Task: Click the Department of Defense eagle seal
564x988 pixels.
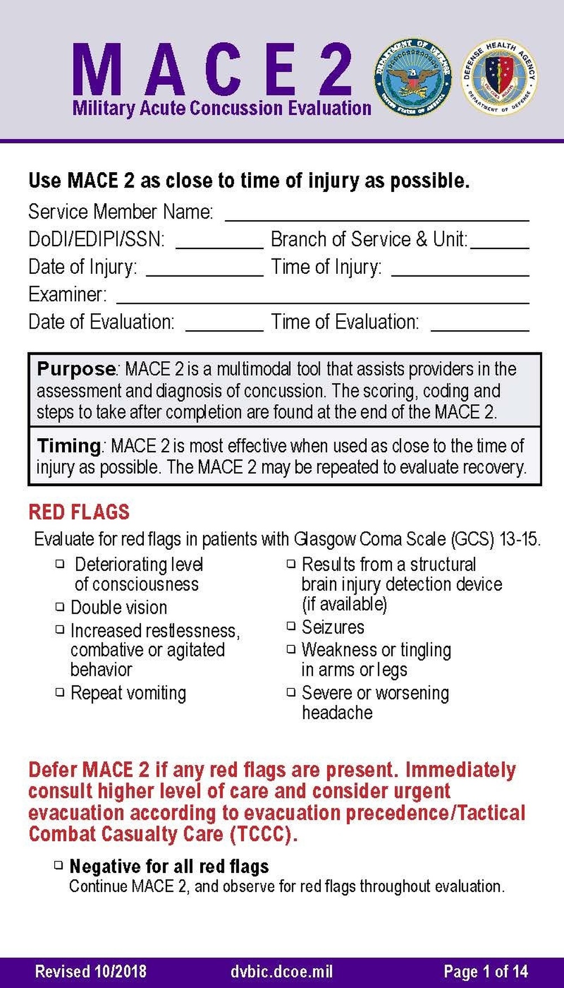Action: point(412,78)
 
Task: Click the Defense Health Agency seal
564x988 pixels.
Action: point(499,78)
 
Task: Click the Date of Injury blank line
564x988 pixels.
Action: point(204,275)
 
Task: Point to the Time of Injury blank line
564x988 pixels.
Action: point(460,275)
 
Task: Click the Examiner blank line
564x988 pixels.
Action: point(323,303)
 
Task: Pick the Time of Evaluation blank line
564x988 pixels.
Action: point(479,330)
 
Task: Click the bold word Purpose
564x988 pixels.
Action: point(76,369)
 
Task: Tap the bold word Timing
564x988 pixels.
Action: point(69,446)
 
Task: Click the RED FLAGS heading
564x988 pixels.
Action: point(79,512)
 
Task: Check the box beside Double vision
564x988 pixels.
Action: point(60,607)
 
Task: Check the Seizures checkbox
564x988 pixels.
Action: point(291,626)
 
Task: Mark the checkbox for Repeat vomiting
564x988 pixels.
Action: point(60,692)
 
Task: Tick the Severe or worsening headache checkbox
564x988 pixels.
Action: point(291,692)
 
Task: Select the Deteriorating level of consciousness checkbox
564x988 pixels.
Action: point(60,563)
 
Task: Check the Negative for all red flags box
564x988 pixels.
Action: point(59,864)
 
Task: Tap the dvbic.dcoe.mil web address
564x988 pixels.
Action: point(281,972)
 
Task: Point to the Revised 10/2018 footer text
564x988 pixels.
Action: point(91,972)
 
